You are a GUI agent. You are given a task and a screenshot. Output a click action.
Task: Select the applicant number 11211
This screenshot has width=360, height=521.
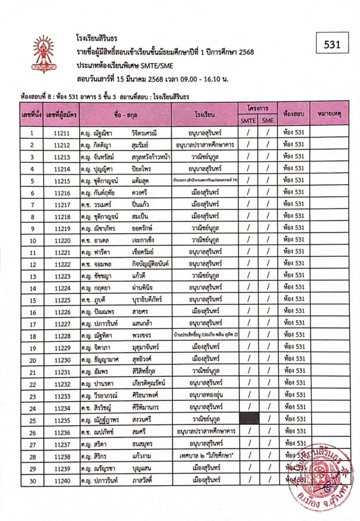61,133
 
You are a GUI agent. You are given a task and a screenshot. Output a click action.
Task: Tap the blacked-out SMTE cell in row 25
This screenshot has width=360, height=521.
249,419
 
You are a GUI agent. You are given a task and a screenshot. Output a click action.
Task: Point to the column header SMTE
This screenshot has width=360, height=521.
248,121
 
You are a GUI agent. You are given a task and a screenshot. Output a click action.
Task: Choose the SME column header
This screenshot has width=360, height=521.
267,121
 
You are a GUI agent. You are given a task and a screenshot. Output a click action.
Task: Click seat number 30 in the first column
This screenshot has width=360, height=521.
32,480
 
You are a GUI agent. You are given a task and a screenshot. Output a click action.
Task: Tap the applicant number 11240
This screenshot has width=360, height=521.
61,480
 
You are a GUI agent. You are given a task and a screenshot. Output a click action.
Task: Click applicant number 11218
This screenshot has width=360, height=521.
61,216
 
